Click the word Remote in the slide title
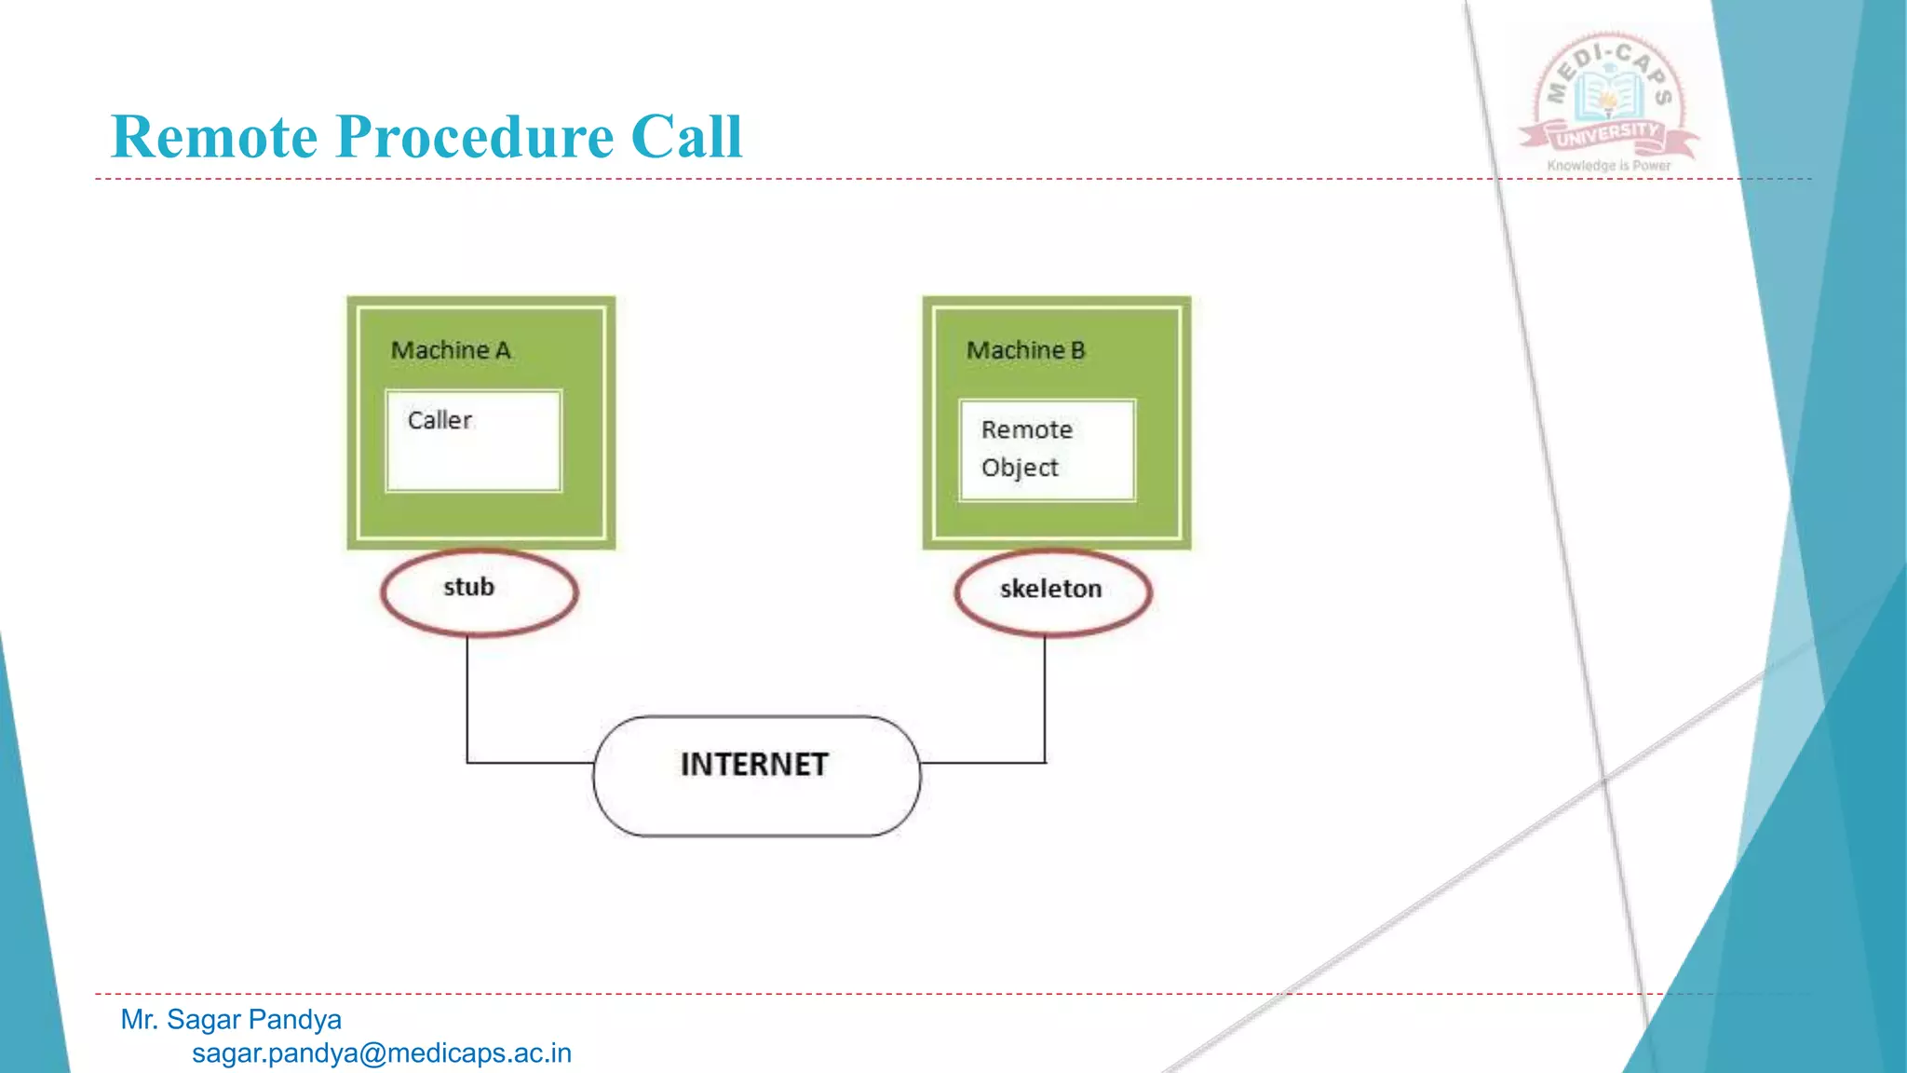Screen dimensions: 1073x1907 tap(214, 137)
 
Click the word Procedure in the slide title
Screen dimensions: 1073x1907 tap(474, 137)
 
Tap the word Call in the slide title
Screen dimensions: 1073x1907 tap(686, 137)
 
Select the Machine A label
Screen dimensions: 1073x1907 tap(451, 350)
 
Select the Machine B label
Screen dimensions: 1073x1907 tap(1025, 350)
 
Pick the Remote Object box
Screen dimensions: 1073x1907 tap(1048, 450)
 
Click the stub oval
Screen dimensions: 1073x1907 tap(479, 592)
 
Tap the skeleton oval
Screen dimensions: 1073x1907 tap(1053, 592)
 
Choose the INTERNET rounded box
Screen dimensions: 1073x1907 tap(756, 775)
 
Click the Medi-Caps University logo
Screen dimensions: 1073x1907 tap(1609, 99)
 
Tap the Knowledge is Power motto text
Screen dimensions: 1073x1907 tap(1609, 166)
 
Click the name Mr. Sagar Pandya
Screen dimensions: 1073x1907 tap(231, 1020)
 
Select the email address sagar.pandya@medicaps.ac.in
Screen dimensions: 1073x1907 tap(382, 1053)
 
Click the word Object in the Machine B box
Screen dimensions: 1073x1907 tap(1020, 468)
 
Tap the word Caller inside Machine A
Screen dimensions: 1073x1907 tap(440, 420)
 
